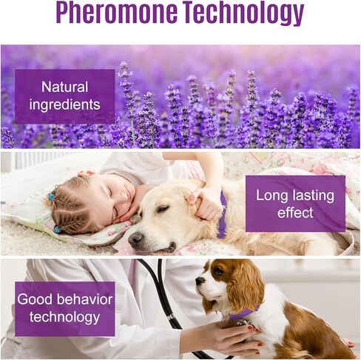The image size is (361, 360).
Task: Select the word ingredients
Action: (x=64, y=104)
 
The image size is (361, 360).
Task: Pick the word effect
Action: (x=295, y=213)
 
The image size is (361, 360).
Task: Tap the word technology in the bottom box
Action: (x=64, y=318)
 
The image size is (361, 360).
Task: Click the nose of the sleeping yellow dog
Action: (x=135, y=239)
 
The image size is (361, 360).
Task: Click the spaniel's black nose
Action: (x=199, y=280)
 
